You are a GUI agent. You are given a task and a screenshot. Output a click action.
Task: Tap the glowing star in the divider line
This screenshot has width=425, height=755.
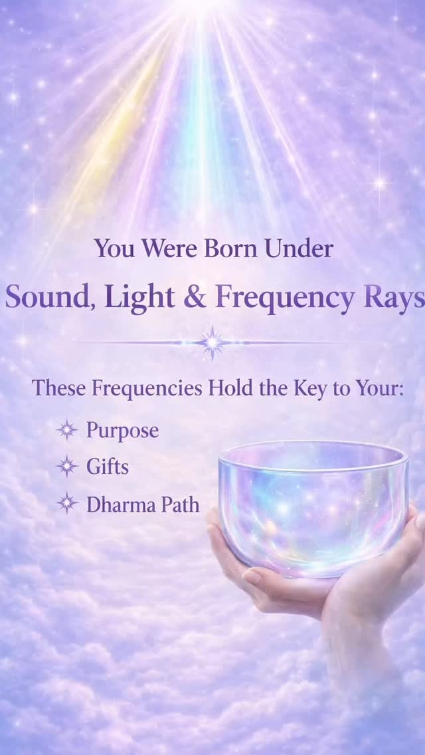point(212,342)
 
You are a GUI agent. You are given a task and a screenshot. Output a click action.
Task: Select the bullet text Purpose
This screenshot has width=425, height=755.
point(122,431)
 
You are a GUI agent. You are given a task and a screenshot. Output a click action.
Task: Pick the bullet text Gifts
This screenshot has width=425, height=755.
point(108,467)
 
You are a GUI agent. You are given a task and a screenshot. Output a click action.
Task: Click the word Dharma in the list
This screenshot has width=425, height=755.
point(120,504)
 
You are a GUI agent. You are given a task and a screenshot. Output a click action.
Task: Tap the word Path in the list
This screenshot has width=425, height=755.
point(178,504)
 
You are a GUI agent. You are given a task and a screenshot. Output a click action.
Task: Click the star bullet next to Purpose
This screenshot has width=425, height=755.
point(67,430)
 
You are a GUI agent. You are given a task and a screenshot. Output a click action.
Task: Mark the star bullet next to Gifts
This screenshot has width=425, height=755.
point(67,467)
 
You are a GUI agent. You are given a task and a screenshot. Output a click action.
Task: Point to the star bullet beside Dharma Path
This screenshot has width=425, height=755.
point(67,504)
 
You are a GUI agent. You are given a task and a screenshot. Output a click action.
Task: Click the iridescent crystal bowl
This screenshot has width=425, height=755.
point(312,505)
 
